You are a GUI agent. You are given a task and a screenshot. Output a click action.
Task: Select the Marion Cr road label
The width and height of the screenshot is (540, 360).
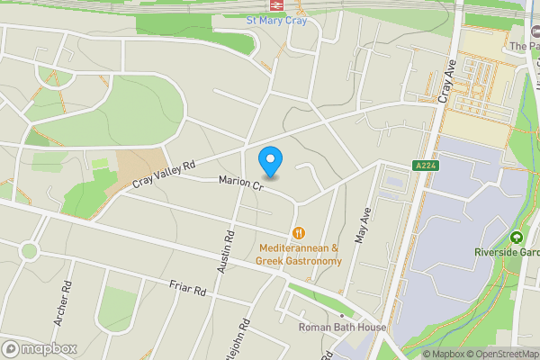(x=239, y=185)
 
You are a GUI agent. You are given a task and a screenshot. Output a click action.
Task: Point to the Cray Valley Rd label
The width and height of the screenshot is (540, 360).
(x=164, y=175)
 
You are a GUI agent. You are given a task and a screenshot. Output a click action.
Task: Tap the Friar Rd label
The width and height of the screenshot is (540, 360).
(x=188, y=290)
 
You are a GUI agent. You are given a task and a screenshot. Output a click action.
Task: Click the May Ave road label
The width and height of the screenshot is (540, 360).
(x=364, y=229)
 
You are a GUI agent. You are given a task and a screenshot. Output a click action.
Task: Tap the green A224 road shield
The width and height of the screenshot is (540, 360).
(x=427, y=165)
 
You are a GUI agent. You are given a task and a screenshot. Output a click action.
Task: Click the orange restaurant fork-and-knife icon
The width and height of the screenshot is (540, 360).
(x=299, y=231)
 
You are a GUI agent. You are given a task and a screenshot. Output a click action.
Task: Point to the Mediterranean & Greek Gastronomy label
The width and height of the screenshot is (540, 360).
(x=299, y=255)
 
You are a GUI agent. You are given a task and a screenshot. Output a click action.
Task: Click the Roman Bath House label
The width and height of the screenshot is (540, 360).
(x=343, y=328)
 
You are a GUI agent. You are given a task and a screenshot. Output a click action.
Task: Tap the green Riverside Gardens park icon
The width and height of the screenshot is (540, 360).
(x=517, y=238)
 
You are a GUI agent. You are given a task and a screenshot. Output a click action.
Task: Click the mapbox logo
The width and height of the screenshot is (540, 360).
(x=40, y=348)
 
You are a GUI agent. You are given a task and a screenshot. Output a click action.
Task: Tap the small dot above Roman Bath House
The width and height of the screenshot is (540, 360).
(x=343, y=316)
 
